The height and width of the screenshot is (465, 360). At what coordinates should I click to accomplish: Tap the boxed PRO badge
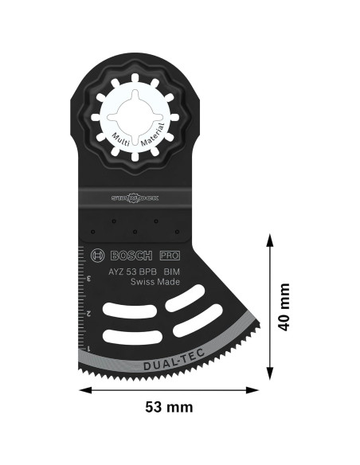coord(169,255)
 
